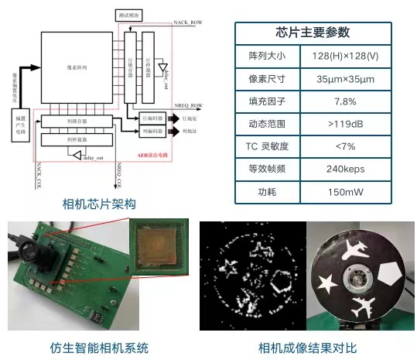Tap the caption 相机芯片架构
pos(98,204)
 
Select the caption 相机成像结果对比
pos(308,346)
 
